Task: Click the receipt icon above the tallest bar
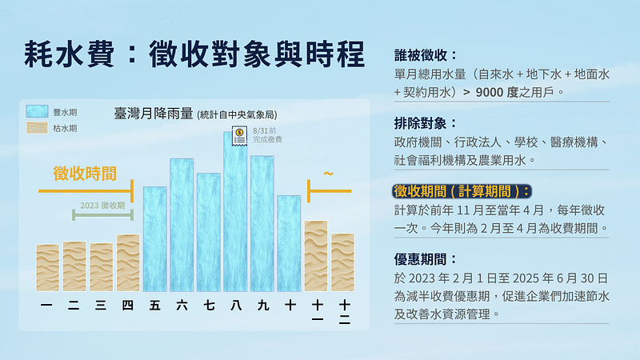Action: tap(237, 137)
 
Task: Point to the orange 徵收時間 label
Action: tap(85, 172)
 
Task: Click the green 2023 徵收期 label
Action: tap(102, 206)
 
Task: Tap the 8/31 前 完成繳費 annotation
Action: tap(266, 134)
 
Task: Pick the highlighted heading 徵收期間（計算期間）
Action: tap(462, 191)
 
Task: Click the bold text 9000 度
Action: tap(499, 92)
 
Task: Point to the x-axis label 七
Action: tap(208, 305)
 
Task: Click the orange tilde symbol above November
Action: tap(328, 173)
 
